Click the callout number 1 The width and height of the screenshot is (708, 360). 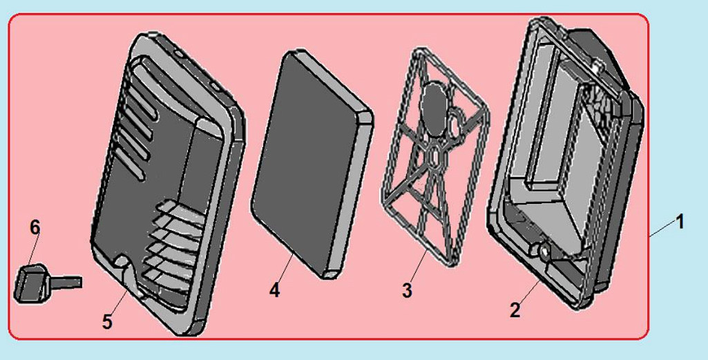coord(679,222)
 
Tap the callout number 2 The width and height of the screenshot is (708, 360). coord(515,310)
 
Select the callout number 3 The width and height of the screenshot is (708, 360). coord(407,290)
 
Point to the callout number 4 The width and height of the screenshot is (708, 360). coord(274,290)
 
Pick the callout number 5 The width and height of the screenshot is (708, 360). coord(107,322)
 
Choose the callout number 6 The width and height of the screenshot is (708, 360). coord(35,227)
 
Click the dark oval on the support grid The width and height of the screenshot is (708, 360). coord(435,108)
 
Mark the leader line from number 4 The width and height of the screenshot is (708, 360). coord(285,268)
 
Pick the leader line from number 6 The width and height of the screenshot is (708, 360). coord(34,249)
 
